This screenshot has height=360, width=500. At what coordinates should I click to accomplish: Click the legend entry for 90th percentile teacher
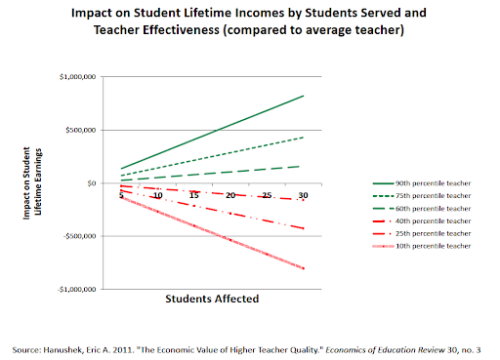coord(414,182)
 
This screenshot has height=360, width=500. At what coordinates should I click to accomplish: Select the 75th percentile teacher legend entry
coord(414,195)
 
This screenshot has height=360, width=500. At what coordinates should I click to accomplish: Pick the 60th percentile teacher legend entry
coord(414,208)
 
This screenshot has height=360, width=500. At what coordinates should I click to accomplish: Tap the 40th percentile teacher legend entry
coord(414,220)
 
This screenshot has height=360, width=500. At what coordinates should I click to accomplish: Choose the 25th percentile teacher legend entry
coord(414,233)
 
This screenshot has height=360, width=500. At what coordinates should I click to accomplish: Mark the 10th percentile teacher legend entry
coord(414,246)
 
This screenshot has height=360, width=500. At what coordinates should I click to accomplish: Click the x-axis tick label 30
coord(303,195)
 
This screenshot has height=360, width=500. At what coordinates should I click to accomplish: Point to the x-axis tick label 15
coord(194,195)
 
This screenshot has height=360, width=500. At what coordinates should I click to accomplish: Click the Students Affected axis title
coord(212,300)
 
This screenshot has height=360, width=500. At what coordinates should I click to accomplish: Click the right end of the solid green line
coord(304,96)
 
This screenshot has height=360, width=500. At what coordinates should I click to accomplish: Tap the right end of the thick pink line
coord(304,268)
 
